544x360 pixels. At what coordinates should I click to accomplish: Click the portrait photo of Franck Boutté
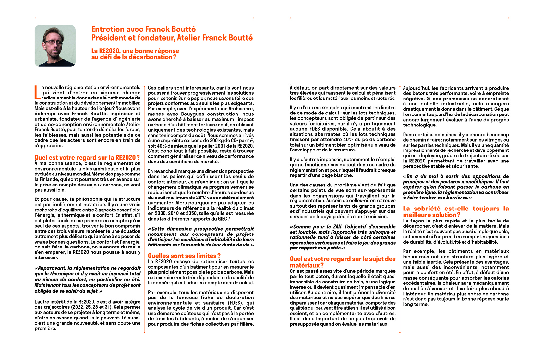click(x=55, y=46)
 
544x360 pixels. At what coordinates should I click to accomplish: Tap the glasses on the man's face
click(x=53, y=42)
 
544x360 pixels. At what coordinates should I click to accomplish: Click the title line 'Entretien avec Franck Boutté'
click(x=143, y=29)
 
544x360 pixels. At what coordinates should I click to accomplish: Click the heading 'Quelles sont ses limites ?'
click(x=184, y=256)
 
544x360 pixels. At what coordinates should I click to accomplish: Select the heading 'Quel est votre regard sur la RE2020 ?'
click(x=87, y=157)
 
